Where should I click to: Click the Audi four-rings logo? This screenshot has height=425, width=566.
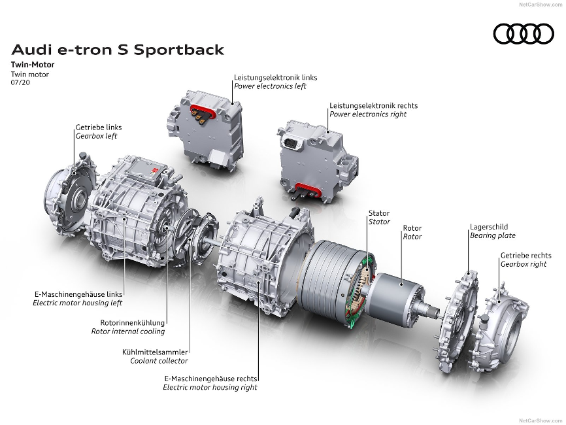[524, 33]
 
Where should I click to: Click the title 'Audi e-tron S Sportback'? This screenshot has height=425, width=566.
[118, 50]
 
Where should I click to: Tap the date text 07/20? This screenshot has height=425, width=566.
[20, 82]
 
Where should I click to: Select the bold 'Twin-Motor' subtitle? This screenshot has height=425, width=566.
[33, 65]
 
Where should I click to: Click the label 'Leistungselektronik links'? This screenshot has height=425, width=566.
[276, 77]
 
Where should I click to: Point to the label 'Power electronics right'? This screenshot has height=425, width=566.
[368, 114]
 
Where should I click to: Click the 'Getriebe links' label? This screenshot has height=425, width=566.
[99, 127]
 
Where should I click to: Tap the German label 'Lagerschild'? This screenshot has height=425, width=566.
[489, 227]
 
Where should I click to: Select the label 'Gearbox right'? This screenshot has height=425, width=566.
[524, 264]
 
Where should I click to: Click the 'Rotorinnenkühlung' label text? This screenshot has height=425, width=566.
[133, 323]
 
